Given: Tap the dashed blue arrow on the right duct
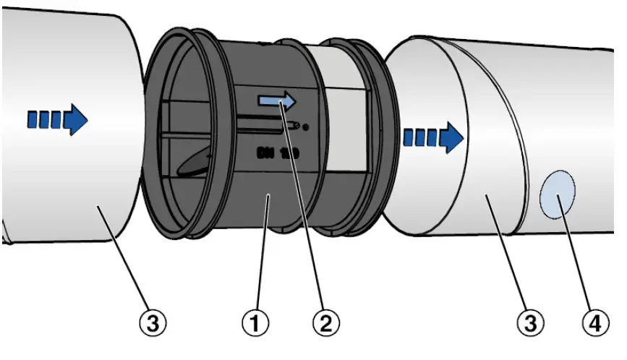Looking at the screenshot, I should (432, 136).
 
